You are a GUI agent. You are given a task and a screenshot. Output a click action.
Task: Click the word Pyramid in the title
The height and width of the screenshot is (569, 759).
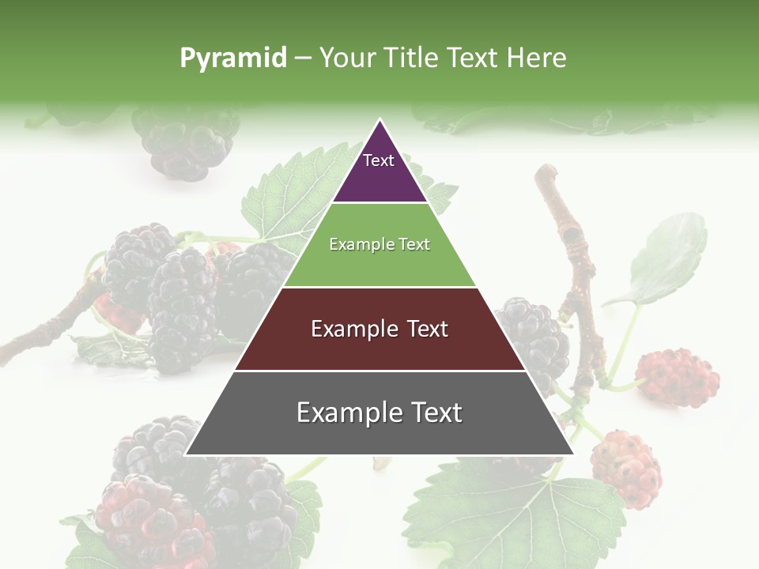pyautogui.click(x=232, y=58)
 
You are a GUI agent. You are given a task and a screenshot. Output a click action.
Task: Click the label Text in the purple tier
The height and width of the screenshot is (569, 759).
pyautogui.click(x=378, y=160)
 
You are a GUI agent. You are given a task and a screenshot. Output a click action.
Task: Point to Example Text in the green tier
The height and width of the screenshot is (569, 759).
pyautogui.click(x=379, y=244)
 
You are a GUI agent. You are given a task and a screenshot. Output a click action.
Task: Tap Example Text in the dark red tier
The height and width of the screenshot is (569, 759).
pyautogui.click(x=379, y=329)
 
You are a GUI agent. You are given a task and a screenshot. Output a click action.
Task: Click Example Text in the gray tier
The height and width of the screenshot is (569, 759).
pyautogui.click(x=379, y=413)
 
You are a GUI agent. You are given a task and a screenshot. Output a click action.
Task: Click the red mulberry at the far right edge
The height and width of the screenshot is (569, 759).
pyautogui.click(x=678, y=377)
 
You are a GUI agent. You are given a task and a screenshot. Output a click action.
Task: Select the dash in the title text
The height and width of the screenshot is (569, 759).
pyautogui.click(x=302, y=58)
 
